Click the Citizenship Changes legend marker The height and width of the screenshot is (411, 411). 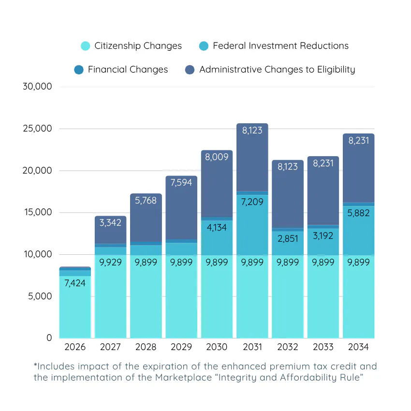[85, 46]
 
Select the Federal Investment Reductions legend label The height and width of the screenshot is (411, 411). [280, 46]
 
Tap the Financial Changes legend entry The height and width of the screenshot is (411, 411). [128, 70]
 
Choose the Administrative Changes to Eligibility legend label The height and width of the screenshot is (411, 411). [277, 70]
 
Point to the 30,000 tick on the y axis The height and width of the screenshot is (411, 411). [37, 87]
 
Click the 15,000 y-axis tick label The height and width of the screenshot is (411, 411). [37, 212]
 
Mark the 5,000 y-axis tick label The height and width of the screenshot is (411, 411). [39, 296]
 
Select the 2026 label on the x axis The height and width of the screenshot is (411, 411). [75, 347]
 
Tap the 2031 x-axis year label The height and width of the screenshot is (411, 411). [252, 347]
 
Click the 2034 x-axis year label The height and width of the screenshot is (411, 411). [358, 347]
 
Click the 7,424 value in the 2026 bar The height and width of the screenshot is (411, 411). [75, 283]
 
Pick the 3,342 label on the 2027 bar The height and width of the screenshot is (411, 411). [110, 223]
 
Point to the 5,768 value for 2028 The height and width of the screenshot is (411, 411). [146, 200]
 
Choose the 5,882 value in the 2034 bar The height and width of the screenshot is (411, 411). [358, 213]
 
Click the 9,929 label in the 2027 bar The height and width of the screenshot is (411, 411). [110, 262]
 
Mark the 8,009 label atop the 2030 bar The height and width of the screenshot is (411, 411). [217, 157]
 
